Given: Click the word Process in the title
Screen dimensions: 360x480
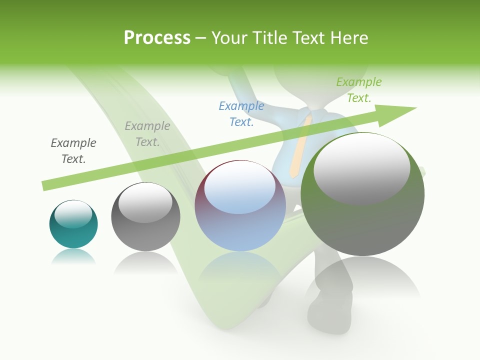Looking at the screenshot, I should pos(157,38).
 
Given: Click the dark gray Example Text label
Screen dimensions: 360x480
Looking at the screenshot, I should pos(73,150).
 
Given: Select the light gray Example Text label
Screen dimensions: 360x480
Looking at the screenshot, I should pos(147,134).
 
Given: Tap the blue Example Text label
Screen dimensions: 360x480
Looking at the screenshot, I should pos(241,113).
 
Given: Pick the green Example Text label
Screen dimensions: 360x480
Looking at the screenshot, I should pos(359,89).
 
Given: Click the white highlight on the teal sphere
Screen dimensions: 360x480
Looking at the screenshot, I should pos(73,214).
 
